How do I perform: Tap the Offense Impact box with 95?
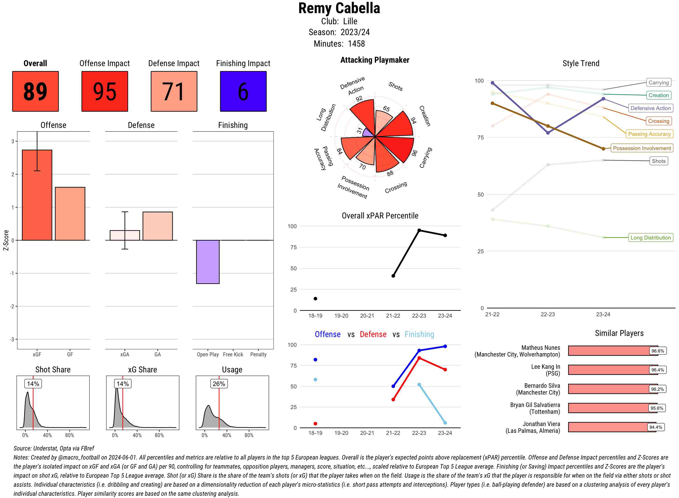(105, 91)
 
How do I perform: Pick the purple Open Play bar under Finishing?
(208, 262)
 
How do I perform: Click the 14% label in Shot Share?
(33, 384)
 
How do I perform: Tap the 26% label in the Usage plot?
(219, 384)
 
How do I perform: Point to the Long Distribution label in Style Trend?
(650, 237)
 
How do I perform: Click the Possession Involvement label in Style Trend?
(642, 148)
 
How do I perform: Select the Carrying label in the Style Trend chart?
(658, 82)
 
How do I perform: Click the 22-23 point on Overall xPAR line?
(419, 230)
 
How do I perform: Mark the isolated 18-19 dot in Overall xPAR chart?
(315, 298)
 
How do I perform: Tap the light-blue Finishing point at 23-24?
(445, 423)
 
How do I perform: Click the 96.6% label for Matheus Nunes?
(657, 351)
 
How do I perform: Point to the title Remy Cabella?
(339, 8)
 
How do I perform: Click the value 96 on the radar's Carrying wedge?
(414, 153)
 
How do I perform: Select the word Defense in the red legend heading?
(373, 334)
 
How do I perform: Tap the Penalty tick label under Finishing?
(258, 354)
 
